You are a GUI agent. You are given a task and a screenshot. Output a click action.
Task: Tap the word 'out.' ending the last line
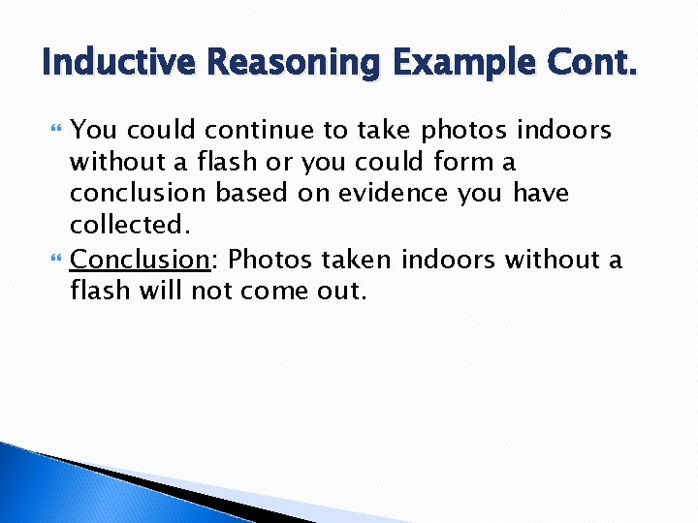(338, 292)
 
